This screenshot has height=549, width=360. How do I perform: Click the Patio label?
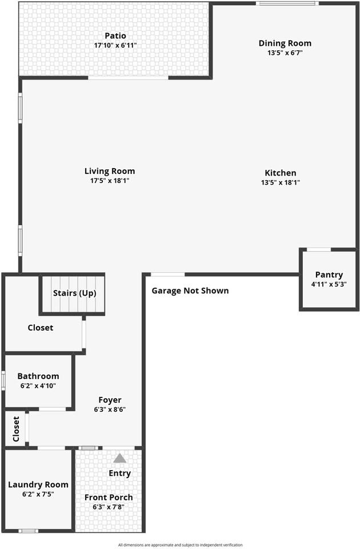(x=115, y=35)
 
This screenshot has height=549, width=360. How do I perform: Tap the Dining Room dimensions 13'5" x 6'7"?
(x=285, y=53)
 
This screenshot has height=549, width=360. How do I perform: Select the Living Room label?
(x=110, y=171)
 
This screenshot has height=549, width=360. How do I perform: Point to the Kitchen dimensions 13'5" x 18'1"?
(x=280, y=182)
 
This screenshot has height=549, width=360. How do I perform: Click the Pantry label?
(x=329, y=275)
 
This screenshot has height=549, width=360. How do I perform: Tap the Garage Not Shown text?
(x=190, y=291)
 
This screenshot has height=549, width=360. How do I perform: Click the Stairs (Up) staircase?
(x=74, y=295)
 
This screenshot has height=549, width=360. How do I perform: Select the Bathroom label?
(x=38, y=376)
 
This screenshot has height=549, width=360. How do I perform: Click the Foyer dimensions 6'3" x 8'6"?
(x=110, y=409)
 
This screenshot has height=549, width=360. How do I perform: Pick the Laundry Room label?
(x=38, y=485)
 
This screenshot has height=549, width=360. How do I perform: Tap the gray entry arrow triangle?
(x=119, y=458)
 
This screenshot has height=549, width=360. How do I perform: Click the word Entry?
(x=119, y=474)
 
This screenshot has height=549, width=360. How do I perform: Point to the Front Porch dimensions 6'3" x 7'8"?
(x=109, y=507)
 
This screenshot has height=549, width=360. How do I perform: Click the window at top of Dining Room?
(x=287, y=3)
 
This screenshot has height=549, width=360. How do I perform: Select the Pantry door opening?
(x=319, y=250)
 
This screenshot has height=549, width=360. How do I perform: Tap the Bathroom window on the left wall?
(x=3, y=381)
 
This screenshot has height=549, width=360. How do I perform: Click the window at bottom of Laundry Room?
(x=29, y=531)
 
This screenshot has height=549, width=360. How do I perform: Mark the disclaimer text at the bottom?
(x=180, y=545)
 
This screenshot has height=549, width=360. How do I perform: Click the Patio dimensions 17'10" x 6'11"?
(x=115, y=46)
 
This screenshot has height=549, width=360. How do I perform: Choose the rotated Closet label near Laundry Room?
(x=16, y=429)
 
